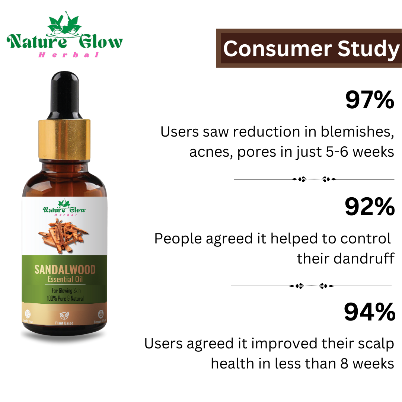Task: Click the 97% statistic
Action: click(x=370, y=100)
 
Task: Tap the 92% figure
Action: click(x=369, y=207)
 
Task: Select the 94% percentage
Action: click(x=369, y=312)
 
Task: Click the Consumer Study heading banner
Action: click(x=309, y=48)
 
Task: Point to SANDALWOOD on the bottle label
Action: click(x=65, y=269)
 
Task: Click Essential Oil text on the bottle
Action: click(x=65, y=280)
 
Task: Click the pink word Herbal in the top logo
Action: click(x=69, y=55)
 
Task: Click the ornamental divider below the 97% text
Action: click(x=313, y=179)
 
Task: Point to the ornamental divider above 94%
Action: click(x=311, y=286)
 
